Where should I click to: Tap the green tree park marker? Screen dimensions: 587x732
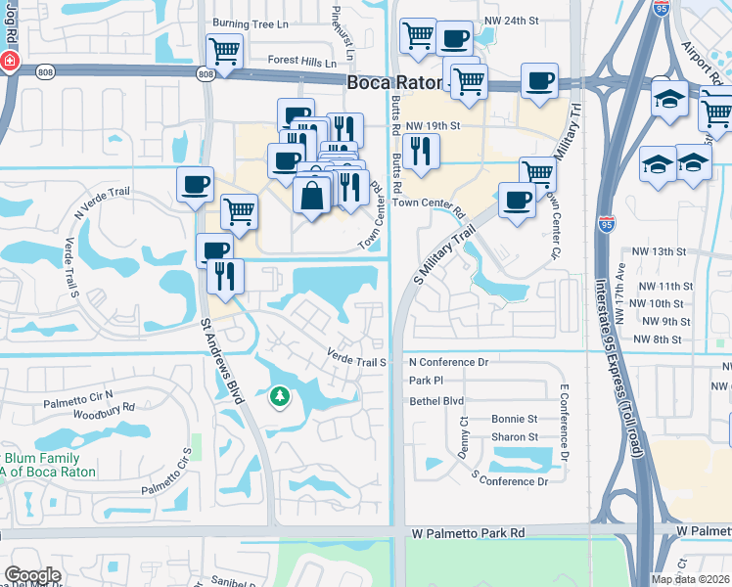[280, 396]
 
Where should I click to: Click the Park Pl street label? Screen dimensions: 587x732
[427, 381]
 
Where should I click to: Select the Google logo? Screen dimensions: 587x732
[32, 575]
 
